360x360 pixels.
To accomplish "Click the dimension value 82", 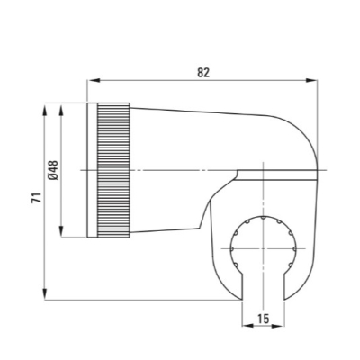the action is [203, 73].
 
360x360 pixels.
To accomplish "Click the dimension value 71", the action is [36, 198].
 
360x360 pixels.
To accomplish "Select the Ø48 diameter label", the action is [53, 170].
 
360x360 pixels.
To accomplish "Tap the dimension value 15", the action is [263, 319].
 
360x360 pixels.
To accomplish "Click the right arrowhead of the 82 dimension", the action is [311, 80].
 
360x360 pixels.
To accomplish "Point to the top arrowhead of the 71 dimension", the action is [45, 109].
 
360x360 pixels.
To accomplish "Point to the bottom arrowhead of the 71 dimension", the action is [45, 293].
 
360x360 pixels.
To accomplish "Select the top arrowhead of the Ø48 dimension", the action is [61, 109].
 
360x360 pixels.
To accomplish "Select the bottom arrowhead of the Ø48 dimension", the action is [61, 231].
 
